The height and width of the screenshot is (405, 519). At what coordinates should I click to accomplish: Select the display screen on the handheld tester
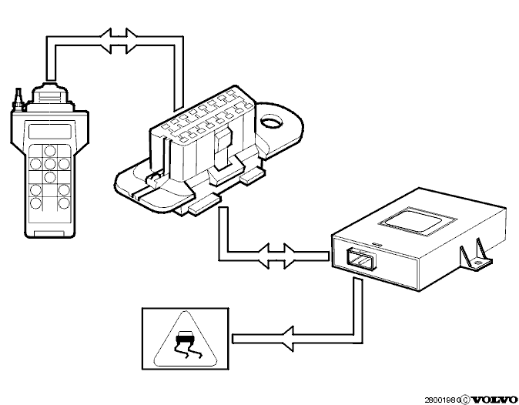click(x=50, y=132)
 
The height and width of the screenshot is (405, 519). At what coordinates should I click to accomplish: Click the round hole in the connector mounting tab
click(x=271, y=123)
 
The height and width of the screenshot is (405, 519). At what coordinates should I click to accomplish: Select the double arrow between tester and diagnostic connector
click(x=118, y=41)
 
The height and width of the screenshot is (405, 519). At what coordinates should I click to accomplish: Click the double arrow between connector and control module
click(x=276, y=256)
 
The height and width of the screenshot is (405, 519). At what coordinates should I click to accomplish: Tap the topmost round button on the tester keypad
click(x=50, y=151)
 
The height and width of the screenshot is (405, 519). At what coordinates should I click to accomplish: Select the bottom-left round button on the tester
click(x=35, y=203)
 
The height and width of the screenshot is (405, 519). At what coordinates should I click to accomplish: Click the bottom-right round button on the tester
click(x=64, y=203)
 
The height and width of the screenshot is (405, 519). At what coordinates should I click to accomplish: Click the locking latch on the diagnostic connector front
click(x=224, y=148)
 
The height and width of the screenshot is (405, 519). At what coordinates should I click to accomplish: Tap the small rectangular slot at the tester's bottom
click(x=49, y=233)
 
